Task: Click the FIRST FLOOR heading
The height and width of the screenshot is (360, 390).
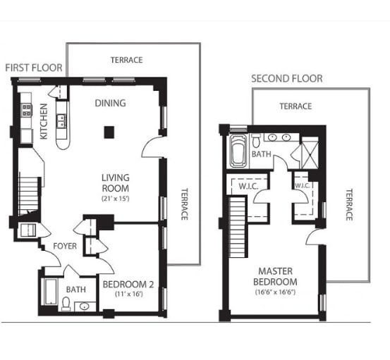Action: pyautogui.click(x=33, y=68)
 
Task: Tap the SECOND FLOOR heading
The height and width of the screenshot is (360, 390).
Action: pyautogui.click(x=287, y=78)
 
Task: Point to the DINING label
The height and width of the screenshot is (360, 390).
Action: pyautogui.click(x=110, y=104)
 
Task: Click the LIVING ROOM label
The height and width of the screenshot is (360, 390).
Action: pyautogui.click(x=115, y=183)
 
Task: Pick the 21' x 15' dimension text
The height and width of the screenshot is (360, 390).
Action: pyautogui.click(x=115, y=199)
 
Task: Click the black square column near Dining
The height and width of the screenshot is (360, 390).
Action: pyautogui.click(x=109, y=131)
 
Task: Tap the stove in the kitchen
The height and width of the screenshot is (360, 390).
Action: pyautogui.click(x=27, y=110)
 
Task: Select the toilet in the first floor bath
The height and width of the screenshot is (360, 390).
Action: pyautogui.click(x=66, y=304)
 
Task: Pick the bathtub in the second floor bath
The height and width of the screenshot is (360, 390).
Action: pyautogui.click(x=238, y=151)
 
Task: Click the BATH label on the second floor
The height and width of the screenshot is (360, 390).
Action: pyautogui.click(x=262, y=153)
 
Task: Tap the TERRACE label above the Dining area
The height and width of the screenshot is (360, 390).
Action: pyautogui.click(x=126, y=61)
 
